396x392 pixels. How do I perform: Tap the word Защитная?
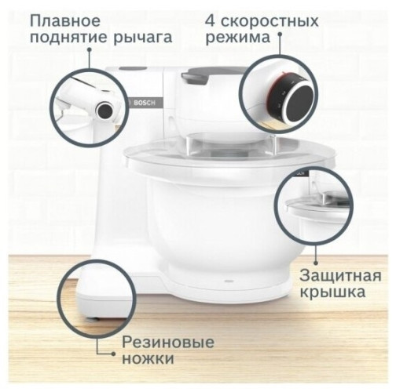[x=339, y=276]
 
